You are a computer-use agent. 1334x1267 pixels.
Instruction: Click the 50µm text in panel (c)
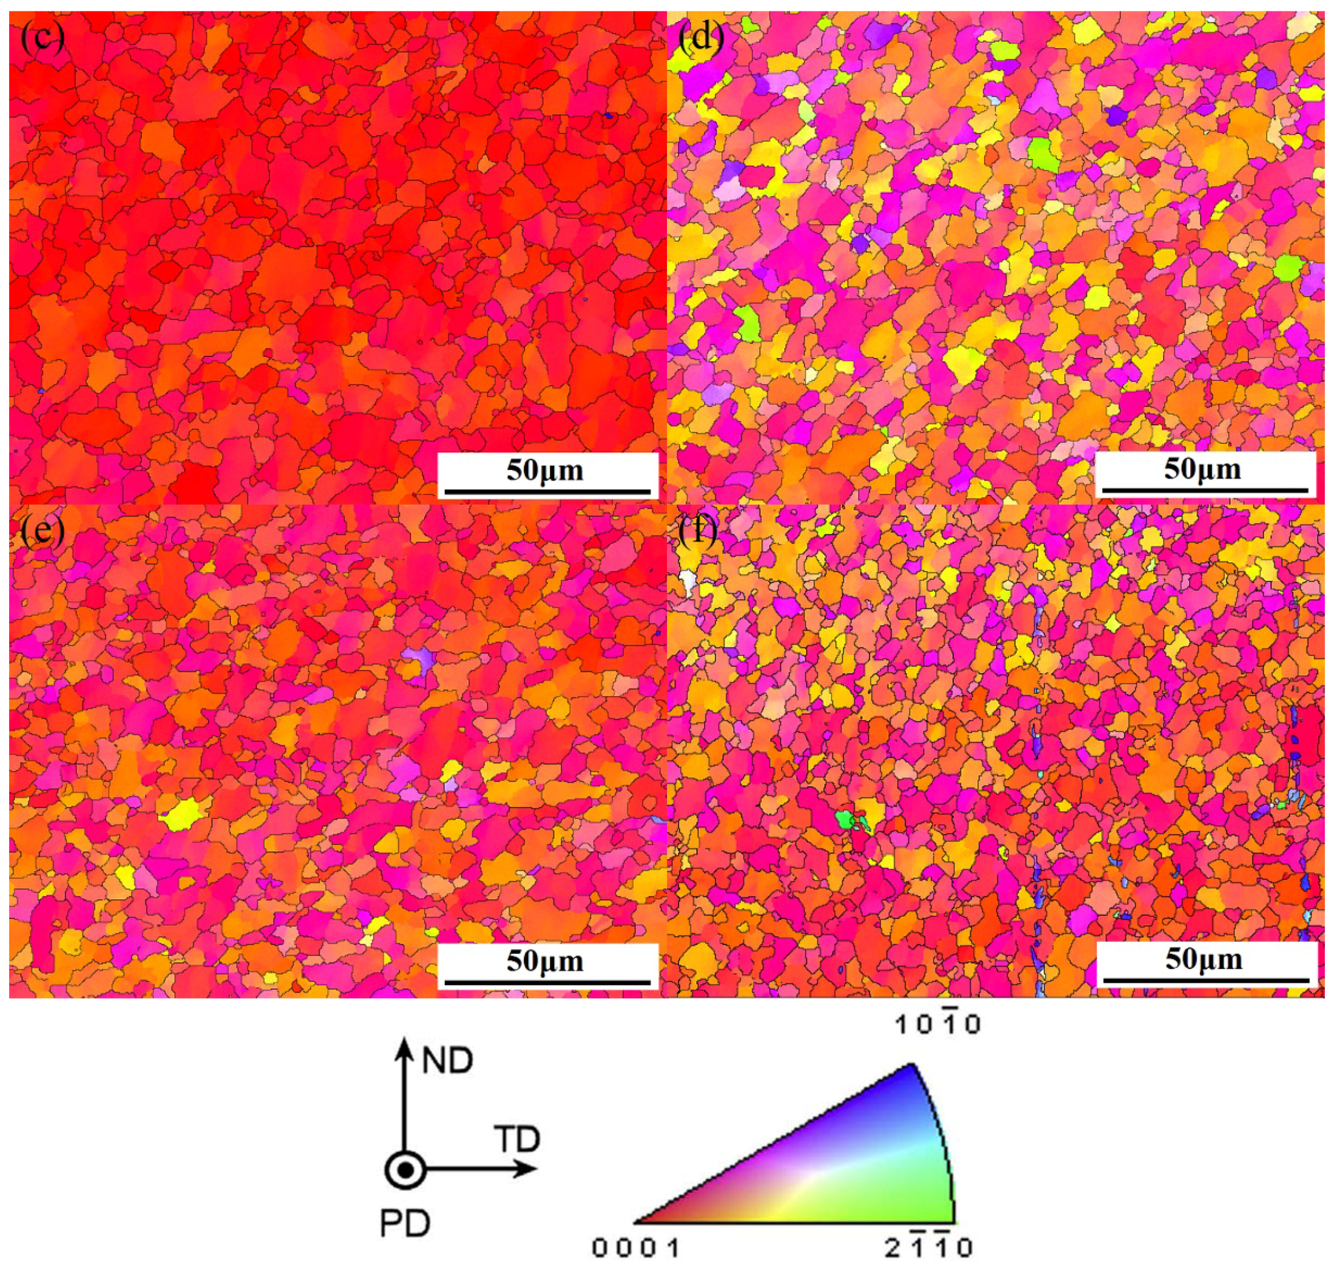click(545, 470)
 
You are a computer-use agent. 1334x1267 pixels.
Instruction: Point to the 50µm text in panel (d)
click(1203, 470)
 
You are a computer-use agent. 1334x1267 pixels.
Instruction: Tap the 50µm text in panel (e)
click(545, 961)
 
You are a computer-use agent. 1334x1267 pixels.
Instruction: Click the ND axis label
click(447, 1061)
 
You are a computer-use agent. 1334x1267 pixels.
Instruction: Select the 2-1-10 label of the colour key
click(930, 1249)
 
